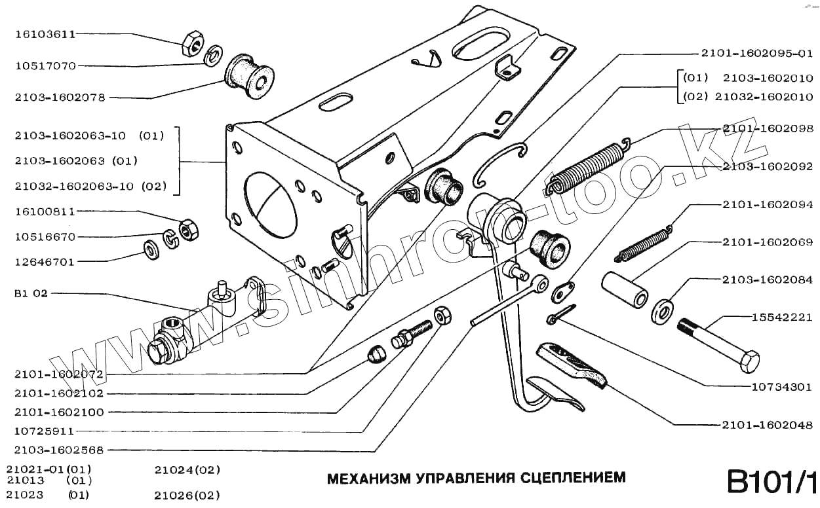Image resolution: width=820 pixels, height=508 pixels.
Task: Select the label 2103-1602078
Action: (60, 98)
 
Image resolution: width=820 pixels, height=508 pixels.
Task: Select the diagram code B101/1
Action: (771, 482)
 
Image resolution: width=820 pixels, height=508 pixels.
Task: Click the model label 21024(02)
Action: (187, 470)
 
